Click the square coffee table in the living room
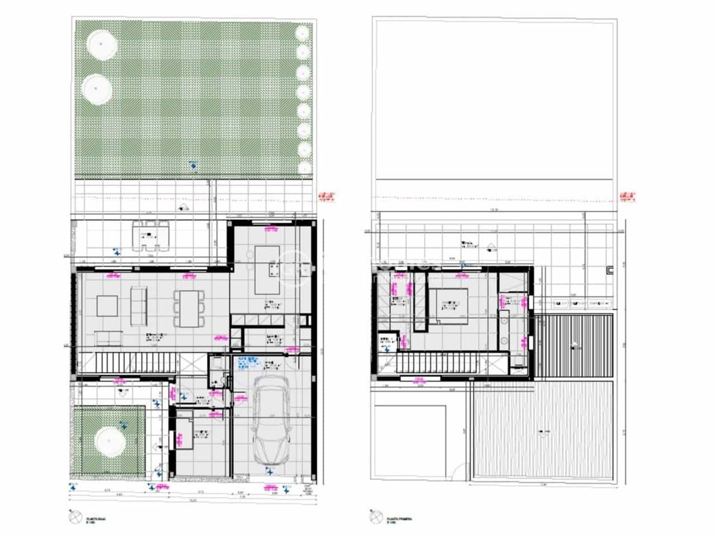(107, 306)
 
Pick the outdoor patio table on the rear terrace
(149, 237)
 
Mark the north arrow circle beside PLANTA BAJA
(74, 519)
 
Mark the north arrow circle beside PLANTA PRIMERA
(375, 519)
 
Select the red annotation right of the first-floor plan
(628, 197)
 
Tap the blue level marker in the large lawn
(193, 165)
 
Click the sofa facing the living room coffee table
(138, 305)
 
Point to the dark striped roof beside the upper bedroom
(573, 347)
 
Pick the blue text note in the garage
(249, 363)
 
